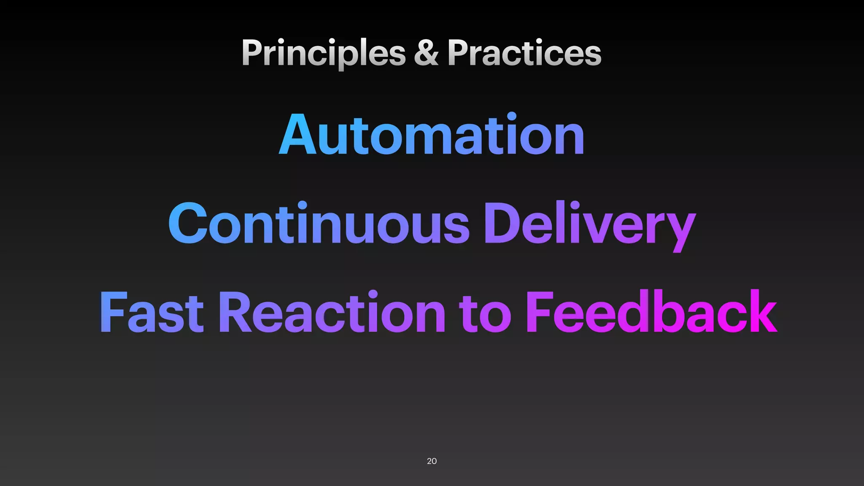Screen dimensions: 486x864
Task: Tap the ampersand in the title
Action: point(426,53)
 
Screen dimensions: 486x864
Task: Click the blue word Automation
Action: point(432,135)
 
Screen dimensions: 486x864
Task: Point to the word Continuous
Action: point(319,224)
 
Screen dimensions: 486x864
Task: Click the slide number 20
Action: point(432,461)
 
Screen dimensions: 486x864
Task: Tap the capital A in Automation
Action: point(297,135)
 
